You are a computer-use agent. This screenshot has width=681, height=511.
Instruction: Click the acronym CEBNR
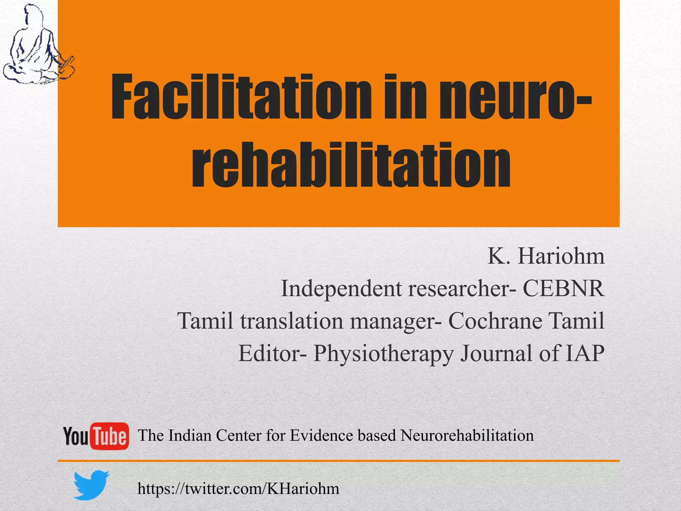click(563, 288)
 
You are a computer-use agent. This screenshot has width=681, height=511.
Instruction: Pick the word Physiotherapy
click(383, 353)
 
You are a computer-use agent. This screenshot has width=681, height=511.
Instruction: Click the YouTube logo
click(96, 436)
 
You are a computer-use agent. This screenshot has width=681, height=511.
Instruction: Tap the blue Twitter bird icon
click(90, 485)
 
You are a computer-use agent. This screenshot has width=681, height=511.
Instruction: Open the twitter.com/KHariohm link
click(238, 489)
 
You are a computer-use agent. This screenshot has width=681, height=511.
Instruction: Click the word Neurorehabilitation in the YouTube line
click(467, 435)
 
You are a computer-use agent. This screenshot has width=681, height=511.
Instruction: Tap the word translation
click(292, 321)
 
